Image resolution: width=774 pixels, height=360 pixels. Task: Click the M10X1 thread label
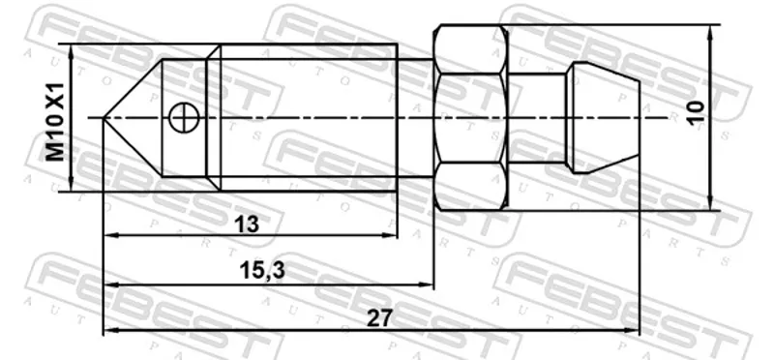pyautogui.click(x=55, y=122)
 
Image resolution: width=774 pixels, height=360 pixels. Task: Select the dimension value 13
pyautogui.click(x=247, y=225)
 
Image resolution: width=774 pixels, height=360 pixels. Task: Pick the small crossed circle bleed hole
pyautogui.click(x=183, y=117)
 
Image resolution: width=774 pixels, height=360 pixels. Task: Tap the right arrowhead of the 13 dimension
pyautogui.click(x=392, y=235)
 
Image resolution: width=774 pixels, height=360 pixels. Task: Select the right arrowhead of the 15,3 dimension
pyautogui.click(x=428, y=285)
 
